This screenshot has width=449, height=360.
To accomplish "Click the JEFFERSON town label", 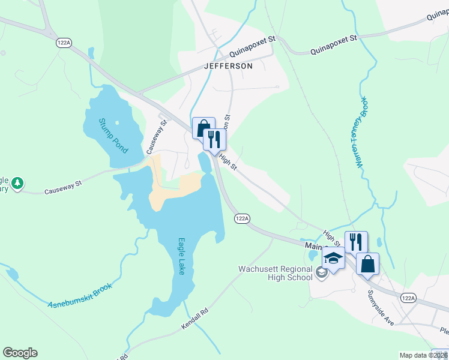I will (x=228, y=66).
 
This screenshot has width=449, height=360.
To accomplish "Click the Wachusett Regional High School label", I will (x=276, y=273).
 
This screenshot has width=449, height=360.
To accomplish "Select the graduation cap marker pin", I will (x=333, y=258).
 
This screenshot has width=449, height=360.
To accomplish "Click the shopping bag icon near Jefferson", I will (x=203, y=127).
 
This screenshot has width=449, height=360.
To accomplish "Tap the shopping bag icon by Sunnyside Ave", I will (x=367, y=263).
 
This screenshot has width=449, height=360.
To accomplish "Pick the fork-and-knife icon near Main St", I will (x=356, y=242).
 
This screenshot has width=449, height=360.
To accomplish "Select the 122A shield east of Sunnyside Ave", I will (x=408, y=298).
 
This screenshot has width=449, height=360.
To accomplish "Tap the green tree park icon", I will (x=18, y=182).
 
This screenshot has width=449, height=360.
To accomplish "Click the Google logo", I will (x=20, y=353).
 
